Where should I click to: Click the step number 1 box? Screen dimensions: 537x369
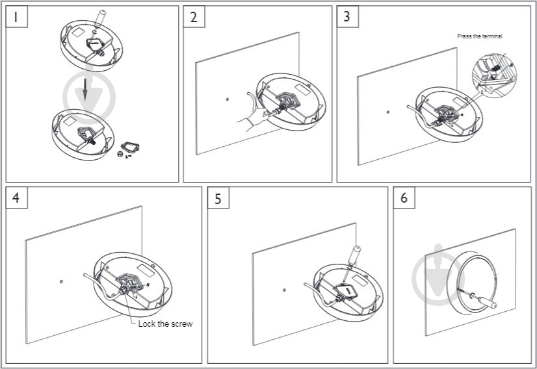16,16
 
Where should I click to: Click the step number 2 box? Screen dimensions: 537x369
194,16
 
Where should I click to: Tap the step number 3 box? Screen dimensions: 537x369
348,16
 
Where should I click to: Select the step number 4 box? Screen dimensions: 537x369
16,197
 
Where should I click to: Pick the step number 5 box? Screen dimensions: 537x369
218,197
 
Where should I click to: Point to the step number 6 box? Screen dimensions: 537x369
404,197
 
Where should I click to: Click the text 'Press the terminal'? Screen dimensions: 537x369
480,36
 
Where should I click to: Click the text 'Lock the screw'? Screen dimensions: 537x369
165,324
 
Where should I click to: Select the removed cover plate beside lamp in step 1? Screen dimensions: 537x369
130,147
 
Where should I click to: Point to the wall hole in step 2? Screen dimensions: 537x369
228,99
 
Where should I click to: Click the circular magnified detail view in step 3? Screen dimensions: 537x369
494,75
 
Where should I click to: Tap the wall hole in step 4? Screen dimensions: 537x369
61,282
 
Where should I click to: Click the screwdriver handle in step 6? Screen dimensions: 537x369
488,302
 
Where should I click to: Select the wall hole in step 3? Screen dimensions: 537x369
387,112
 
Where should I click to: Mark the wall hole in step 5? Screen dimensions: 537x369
284,290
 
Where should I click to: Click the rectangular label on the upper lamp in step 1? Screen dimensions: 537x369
78,32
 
